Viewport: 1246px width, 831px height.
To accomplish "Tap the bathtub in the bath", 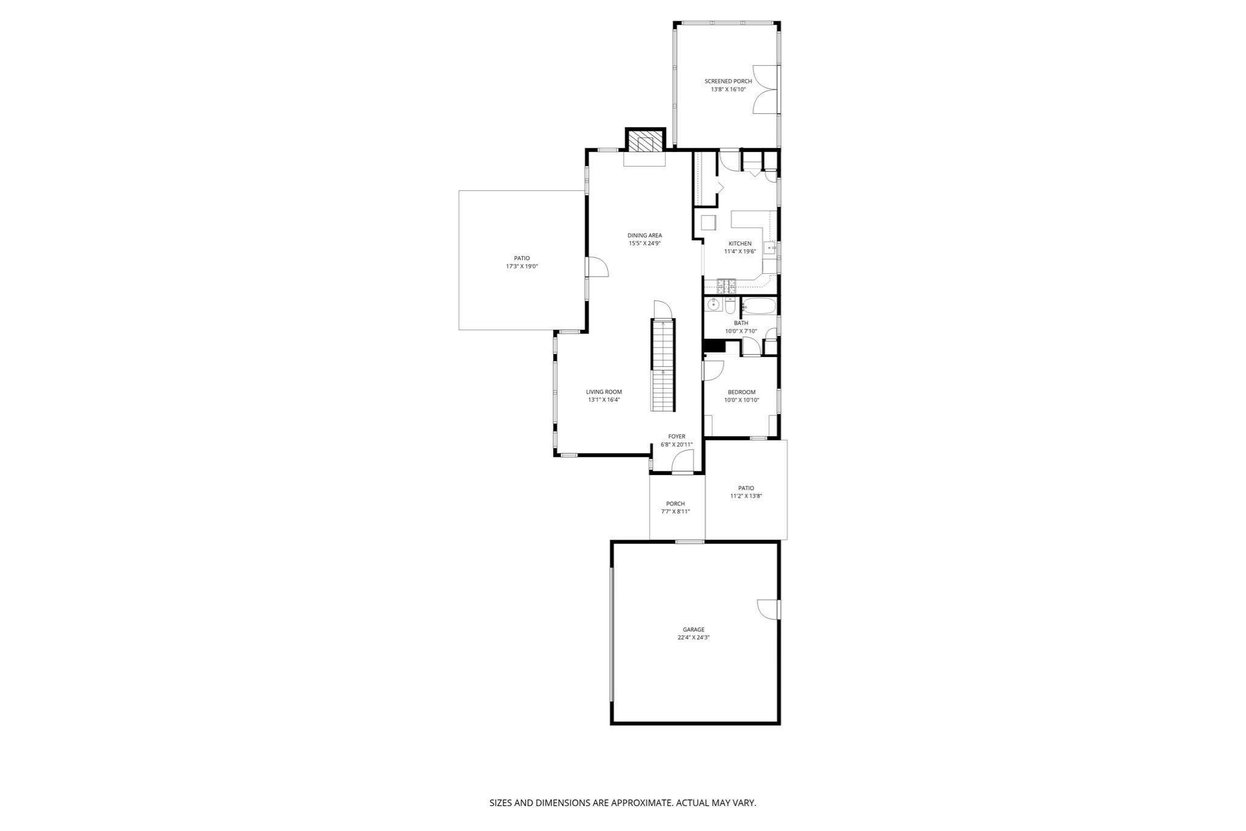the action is click(x=758, y=306).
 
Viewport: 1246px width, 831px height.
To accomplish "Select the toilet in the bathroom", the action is click(x=731, y=305).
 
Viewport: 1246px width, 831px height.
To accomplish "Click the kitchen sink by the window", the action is click(x=770, y=248).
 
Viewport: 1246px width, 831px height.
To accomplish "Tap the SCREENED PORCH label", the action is click(x=728, y=82).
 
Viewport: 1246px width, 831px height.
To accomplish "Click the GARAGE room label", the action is click(x=694, y=630).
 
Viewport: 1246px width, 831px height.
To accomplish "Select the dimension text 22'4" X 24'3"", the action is click(x=694, y=638).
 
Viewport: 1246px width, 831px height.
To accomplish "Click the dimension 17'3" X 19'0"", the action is click(x=522, y=266).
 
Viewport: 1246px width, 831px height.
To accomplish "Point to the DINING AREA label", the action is click(x=645, y=235).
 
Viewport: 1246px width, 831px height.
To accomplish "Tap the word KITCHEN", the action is click(x=740, y=243).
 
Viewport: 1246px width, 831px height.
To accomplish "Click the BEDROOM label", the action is click(x=742, y=392).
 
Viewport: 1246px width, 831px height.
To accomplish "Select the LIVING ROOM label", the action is click(x=604, y=392).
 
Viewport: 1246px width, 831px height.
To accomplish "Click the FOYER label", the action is click(x=677, y=436).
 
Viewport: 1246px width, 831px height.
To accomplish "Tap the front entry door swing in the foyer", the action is click(x=682, y=461).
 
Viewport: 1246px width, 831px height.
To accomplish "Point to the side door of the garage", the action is click(x=768, y=610).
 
